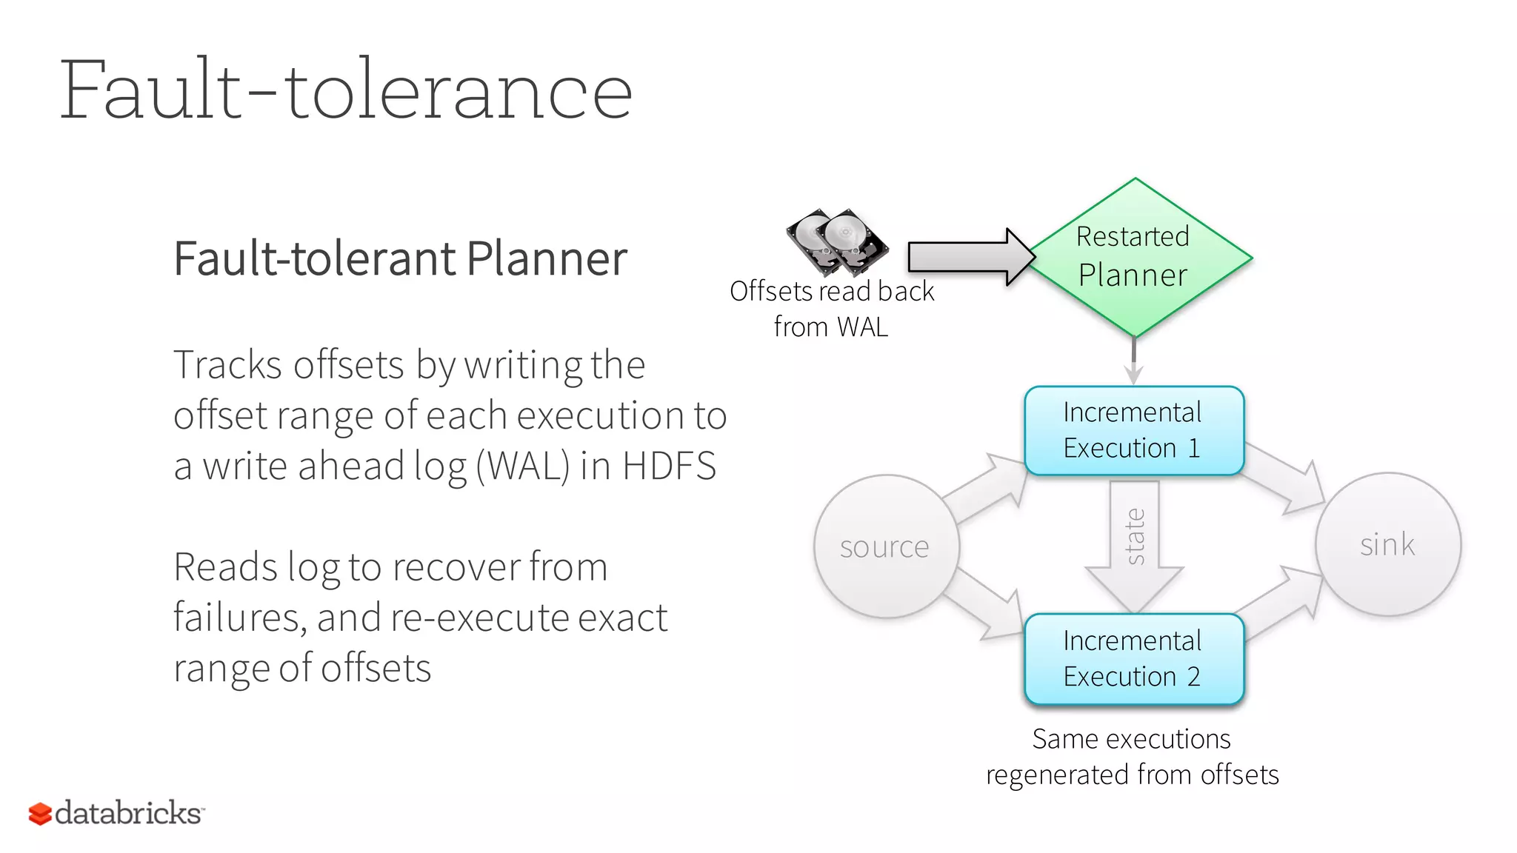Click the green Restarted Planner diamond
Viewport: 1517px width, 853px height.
[1135, 257]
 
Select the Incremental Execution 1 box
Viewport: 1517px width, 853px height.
[1133, 430]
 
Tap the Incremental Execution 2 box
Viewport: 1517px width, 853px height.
[1133, 658]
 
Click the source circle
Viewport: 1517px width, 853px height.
[886, 546]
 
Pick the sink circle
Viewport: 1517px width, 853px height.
[1387, 544]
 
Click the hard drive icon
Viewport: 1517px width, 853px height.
[837, 241]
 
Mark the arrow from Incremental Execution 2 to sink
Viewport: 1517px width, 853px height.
[1281, 603]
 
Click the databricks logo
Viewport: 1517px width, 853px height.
[116, 813]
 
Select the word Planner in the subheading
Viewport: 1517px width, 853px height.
[547, 258]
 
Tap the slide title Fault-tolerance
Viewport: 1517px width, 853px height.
[345, 91]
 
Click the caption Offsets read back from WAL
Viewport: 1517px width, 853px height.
[831, 309]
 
